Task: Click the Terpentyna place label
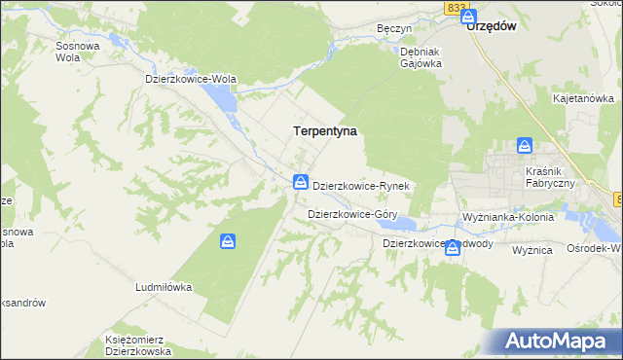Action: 325,130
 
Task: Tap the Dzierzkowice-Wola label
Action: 191,79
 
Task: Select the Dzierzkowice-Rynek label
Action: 365,185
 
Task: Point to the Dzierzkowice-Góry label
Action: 351,213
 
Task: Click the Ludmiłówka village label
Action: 164,288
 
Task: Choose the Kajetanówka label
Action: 583,99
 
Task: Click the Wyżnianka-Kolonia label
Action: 509,218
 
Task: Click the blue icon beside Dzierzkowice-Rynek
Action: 302,182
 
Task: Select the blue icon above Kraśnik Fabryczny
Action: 525,146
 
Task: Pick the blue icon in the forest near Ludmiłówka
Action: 227,241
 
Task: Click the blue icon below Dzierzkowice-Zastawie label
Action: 453,248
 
